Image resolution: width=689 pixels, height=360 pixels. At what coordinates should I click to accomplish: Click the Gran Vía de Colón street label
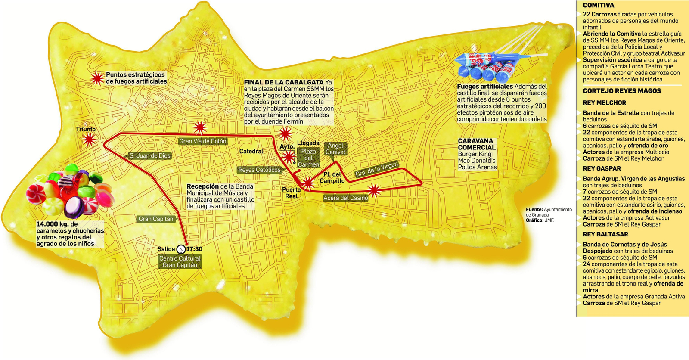pos(202,141)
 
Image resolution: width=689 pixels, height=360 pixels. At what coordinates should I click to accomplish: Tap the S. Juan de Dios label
pos(150,156)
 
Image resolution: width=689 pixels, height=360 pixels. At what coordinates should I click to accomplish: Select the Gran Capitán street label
pos(156,219)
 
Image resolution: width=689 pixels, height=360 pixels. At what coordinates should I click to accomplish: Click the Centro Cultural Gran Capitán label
pos(180,262)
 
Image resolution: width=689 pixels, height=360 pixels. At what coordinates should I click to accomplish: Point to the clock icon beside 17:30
pos(181,249)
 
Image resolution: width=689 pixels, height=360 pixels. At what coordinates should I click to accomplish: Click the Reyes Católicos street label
pos(259,170)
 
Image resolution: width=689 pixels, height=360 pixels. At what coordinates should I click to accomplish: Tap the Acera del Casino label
pos(346,198)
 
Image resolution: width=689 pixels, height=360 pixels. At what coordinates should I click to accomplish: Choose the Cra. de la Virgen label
pos(377,170)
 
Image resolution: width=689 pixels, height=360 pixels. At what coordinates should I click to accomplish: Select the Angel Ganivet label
pos(335,149)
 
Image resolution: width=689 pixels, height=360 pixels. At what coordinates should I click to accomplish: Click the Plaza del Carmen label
pos(308,158)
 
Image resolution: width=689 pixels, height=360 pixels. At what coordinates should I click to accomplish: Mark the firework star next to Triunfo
pos(89,140)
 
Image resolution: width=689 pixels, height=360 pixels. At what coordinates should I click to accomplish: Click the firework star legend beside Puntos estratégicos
pos(98,78)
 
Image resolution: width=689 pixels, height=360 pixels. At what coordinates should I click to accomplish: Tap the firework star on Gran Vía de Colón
pos(200,127)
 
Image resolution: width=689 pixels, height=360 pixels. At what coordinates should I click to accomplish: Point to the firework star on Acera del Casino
pos(374,189)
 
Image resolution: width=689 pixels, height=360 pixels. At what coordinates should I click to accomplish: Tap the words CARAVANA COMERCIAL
pos(477,144)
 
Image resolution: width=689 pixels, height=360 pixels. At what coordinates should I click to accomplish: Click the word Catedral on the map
pos(251,152)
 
